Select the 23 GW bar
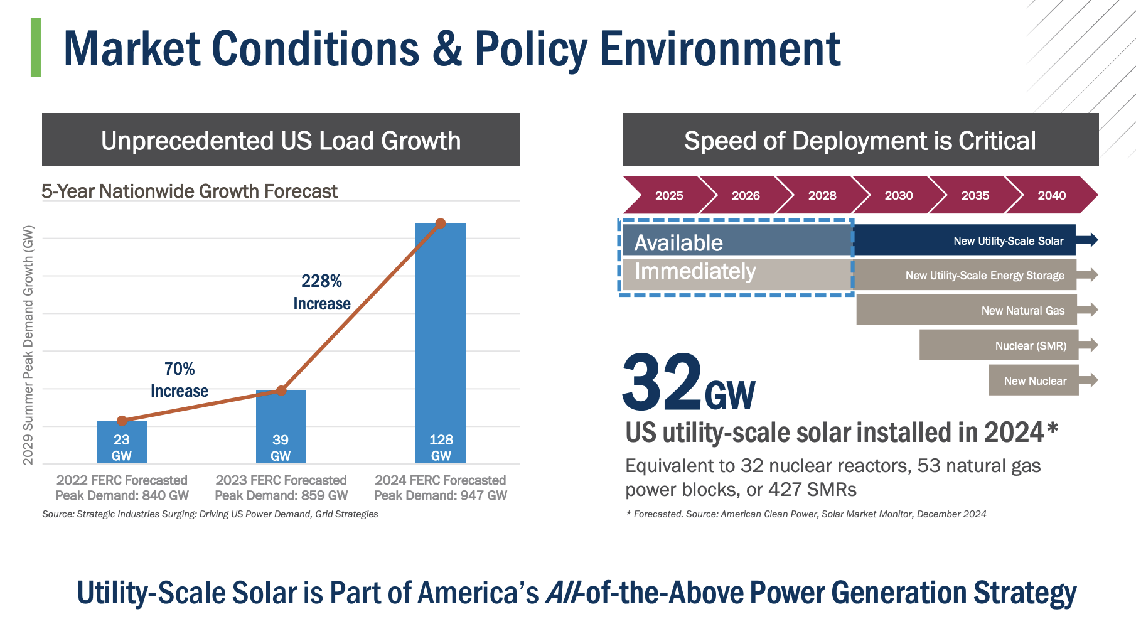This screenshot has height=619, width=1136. [122, 442]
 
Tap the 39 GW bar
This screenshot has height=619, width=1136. [281, 427]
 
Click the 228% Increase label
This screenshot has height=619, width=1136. [322, 293]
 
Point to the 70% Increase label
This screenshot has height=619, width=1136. [180, 380]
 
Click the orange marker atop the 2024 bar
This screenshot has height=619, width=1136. [441, 223]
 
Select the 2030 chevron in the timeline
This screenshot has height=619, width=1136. [898, 195]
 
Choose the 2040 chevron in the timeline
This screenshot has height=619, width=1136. [1052, 195]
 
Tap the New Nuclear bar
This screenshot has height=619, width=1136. [1034, 380]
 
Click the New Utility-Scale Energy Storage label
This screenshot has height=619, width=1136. [984, 276]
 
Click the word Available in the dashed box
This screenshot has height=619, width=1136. [678, 243]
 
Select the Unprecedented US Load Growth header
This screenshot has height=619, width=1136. [281, 140]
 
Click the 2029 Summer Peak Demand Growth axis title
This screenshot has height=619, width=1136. [28, 345]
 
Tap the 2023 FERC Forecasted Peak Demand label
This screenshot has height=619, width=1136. [281, 488]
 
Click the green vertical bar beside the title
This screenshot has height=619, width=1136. [36, 48]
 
